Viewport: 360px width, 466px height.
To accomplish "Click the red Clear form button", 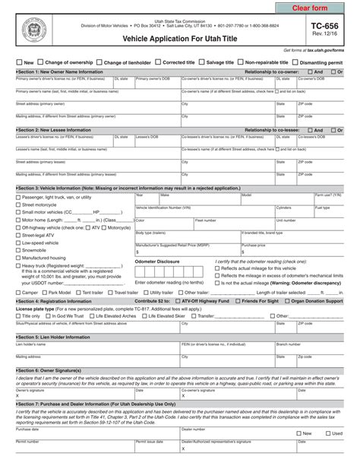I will click(x=314, y=8).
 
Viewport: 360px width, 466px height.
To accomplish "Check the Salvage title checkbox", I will click(x=203, y=62).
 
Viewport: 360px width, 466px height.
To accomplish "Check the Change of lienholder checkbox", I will click(x=98, y=62).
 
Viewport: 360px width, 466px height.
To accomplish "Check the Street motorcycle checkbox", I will click(x=18, y=204).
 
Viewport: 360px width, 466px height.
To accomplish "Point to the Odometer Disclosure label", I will click(x=156, y=261).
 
